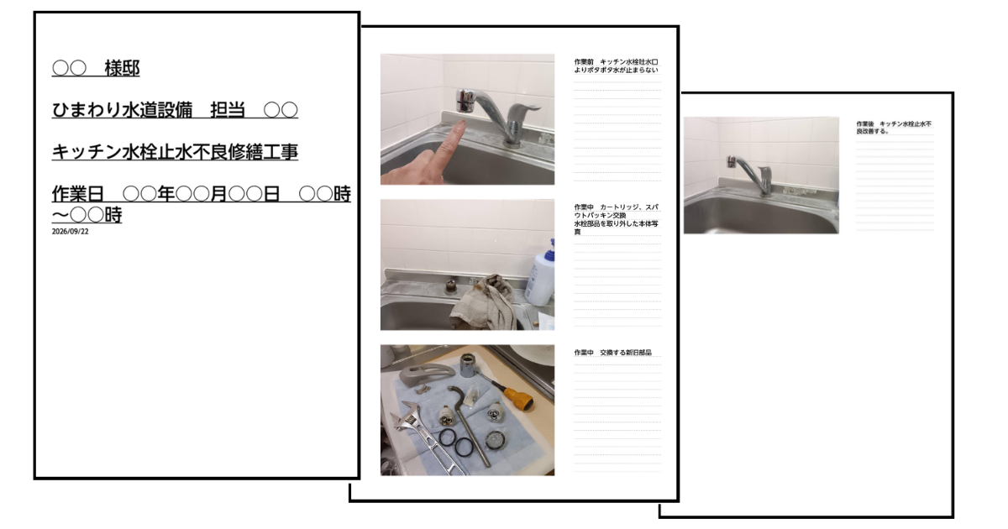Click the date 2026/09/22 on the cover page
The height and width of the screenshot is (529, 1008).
(71, 231)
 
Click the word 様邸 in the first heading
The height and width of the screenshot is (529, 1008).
(122, 68)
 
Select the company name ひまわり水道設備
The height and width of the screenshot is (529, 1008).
(122, 110)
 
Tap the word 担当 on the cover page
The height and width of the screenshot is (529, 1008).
(228, 110)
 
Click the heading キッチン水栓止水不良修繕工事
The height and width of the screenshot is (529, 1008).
(175, 152)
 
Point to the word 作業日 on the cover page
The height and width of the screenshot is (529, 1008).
(78, 194)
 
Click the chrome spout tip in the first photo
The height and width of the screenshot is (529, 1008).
(464, 100)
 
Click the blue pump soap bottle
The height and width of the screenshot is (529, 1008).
(541, 275)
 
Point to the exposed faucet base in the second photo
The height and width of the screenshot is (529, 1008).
(451, 285)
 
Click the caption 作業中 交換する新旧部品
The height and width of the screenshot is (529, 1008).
(613, 353)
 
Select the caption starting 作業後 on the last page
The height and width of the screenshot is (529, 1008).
(894, 128)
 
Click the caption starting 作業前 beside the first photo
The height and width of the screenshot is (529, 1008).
(616, 65)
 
